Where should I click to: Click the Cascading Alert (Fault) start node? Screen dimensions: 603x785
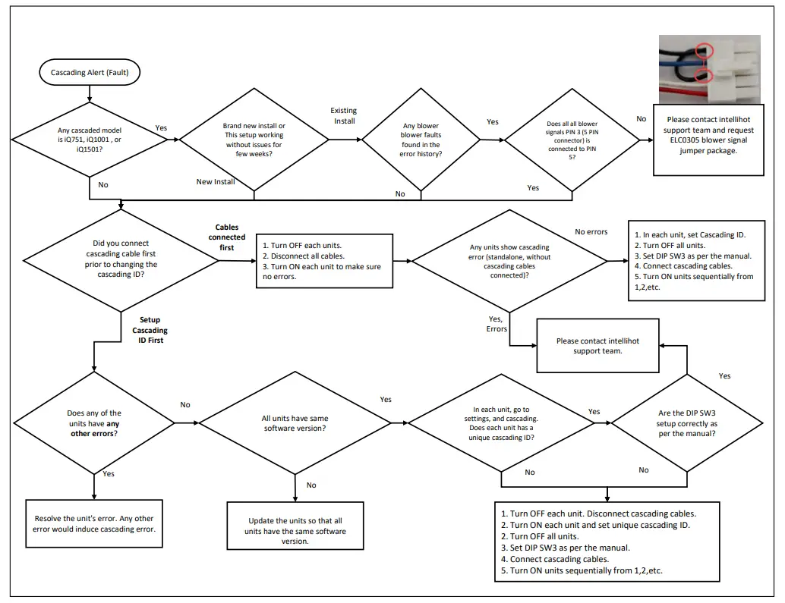[90, 73]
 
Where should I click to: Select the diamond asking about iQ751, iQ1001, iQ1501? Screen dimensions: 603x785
[90, 140]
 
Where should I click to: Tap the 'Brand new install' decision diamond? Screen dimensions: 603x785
[254, 140]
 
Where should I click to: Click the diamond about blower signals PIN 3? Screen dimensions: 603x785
[572, 140]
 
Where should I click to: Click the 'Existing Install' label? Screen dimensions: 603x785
[343, 115]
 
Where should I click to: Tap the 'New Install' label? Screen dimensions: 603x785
[216, 182]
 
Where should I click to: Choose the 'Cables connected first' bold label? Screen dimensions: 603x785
[226, 237]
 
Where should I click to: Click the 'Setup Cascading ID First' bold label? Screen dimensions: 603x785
[150, 330]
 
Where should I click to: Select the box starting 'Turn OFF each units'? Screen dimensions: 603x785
[325, 261]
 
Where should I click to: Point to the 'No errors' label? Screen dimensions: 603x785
[591, 231]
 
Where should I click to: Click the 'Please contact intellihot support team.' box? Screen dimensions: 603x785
[597, 346]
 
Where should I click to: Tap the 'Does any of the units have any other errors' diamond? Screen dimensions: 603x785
[93, 423]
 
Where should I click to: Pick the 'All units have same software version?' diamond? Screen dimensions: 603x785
[295, 423]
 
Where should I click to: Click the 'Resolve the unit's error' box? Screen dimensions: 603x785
[94, 524]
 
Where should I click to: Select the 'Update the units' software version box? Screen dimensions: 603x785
[295, 531]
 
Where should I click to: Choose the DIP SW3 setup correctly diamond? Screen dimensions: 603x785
[687, 423]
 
